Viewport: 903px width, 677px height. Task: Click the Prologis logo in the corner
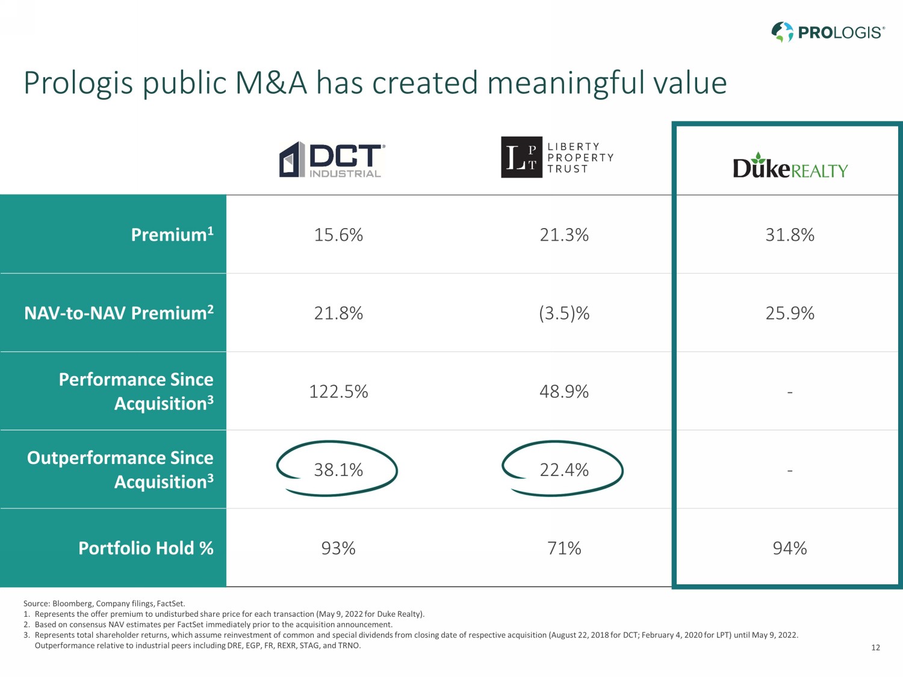point(828,32)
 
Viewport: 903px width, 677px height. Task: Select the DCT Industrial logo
point(331,159)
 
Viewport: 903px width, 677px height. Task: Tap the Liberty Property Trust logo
point(557,157)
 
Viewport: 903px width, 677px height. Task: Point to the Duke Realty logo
point(790,167)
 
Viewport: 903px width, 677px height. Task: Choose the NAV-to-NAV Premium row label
point(119,312)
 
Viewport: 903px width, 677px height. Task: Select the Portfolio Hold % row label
point(146,548)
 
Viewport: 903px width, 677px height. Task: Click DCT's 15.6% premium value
point(338,234)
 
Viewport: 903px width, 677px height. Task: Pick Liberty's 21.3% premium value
point(564,234)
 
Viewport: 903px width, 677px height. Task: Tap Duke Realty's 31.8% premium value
point(790,234)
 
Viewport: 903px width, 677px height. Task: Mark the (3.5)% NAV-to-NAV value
point(564,313)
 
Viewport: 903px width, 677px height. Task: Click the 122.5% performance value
point(338,391)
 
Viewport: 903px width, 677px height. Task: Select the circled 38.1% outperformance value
point(338,469)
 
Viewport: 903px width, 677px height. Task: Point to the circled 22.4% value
point(564,469)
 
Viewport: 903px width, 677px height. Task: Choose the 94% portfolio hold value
point(790,548)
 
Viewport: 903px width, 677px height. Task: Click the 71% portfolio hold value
point(564,548)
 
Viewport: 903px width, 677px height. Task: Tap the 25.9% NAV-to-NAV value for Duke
point(790,313)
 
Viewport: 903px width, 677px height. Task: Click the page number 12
point(875,648)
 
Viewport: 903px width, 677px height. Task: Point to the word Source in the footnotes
point(36,604)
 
